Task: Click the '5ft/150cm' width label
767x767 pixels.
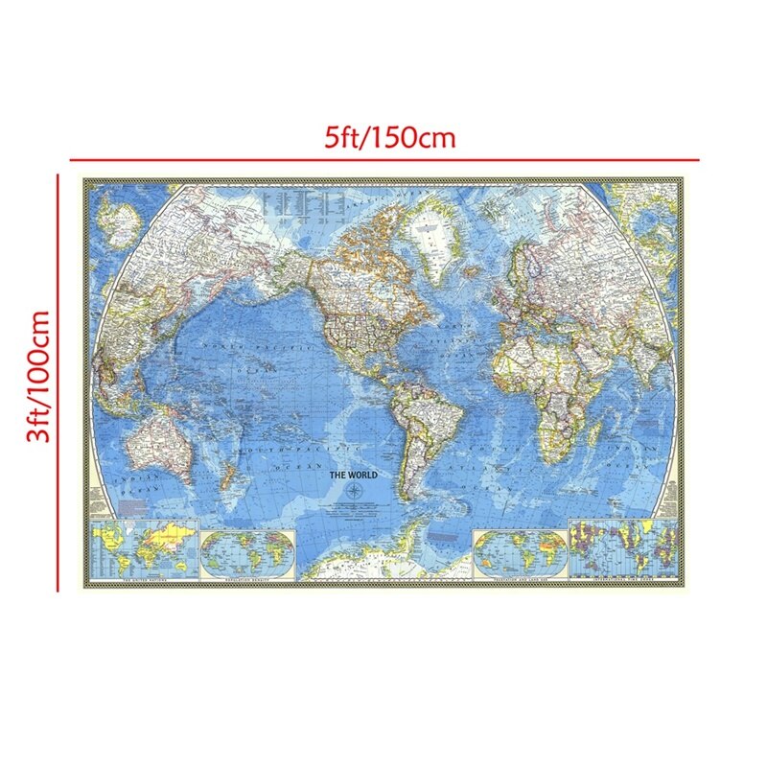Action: coord(388,138)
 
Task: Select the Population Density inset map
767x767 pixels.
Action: coord(251,551)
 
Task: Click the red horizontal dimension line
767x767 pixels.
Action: coord(383,159)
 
